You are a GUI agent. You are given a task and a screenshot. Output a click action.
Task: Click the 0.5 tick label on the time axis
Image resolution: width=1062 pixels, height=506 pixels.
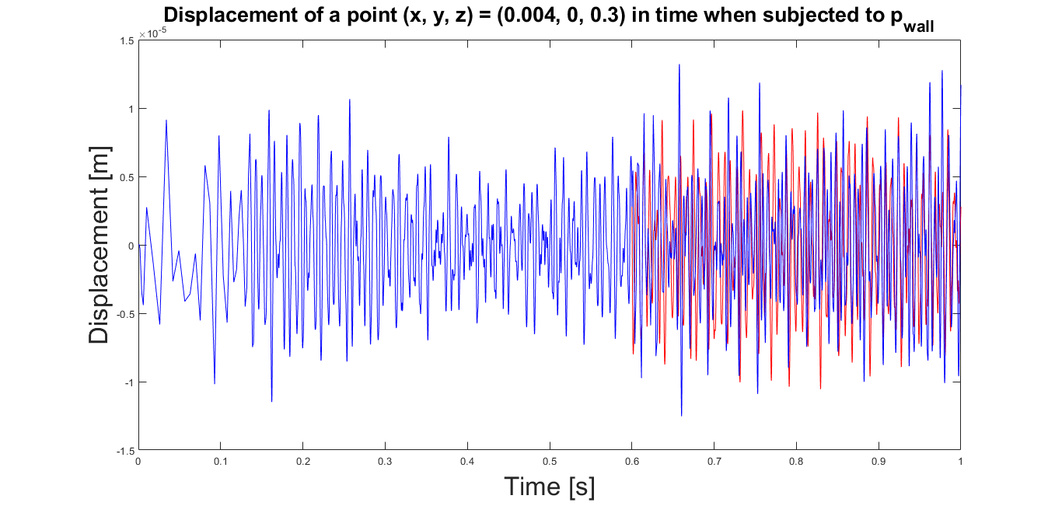click(x=550, y=462)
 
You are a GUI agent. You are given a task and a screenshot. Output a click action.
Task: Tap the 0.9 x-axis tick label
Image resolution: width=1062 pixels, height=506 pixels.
click(x=879, y=462)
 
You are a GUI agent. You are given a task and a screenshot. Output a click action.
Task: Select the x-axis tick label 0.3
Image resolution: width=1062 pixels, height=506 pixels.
click(x=385, y=462)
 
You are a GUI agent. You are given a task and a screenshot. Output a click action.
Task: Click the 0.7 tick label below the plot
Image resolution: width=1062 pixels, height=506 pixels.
click(x=714, y=462)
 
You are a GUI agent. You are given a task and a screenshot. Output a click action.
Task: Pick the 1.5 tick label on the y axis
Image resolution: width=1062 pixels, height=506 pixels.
click(x=127, y=41)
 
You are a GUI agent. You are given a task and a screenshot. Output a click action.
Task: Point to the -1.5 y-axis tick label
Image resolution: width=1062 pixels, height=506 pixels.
click(x=126, y=451)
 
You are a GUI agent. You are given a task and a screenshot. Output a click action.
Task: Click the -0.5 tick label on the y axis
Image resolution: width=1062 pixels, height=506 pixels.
click(x=126, y=315)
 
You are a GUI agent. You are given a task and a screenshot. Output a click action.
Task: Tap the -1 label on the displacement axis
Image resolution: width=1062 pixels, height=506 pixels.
click(x=129, y=383)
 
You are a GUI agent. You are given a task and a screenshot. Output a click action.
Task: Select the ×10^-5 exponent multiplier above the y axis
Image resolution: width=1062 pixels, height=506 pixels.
click(x=152, y=33)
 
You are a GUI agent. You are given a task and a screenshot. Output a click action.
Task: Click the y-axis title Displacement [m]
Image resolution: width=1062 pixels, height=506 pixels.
click(x=99, y=245)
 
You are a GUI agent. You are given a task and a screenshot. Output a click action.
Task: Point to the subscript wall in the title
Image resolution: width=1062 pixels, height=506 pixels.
click(x=918, y=26)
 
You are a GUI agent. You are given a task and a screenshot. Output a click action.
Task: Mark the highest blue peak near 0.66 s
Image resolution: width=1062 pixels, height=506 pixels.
click(x=679, y=65)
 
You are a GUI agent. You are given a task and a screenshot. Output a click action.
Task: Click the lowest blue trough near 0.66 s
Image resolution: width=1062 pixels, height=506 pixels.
click(x=682, y=416)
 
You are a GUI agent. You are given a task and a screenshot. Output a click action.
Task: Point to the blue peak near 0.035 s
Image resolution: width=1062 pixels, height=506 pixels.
click(x=166, y=120)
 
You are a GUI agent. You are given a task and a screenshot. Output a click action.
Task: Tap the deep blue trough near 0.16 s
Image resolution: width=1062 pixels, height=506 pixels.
click(x=271, y=401)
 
